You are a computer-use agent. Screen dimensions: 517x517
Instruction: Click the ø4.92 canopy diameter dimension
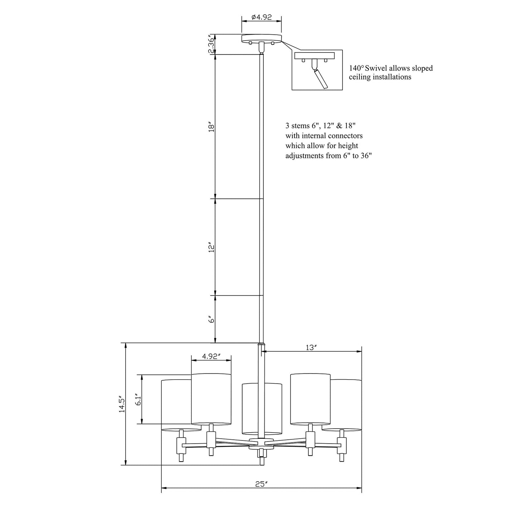click(x=262, y=17)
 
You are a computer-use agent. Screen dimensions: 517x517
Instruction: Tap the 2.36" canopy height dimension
click(x=212, y=44)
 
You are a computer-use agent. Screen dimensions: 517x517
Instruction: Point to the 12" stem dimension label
click(x=212, y=248)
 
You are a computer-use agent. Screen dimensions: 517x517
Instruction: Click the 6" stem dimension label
click(x=212, y=319)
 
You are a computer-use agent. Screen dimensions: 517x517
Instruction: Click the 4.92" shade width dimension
click(x=211, y=356)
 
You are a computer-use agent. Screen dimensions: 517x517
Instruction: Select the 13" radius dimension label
click(x=312, y=347)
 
